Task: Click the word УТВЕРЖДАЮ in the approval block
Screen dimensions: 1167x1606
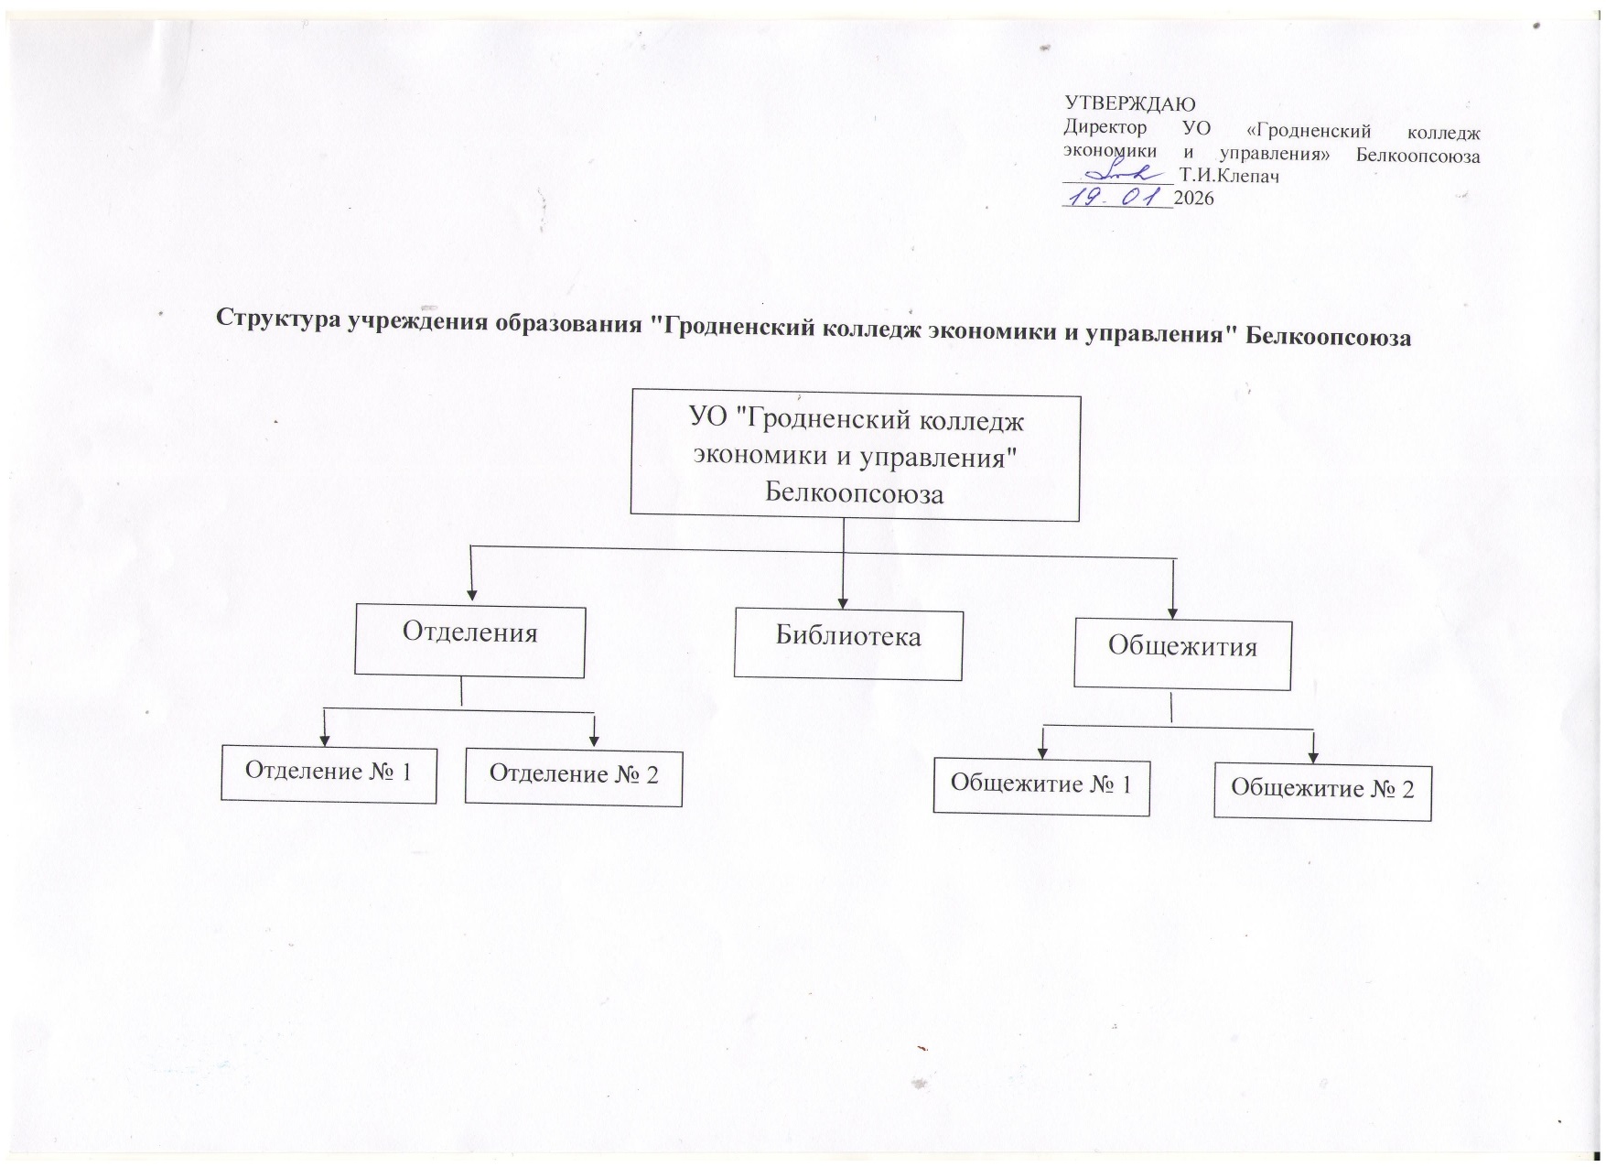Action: pos(1130,103)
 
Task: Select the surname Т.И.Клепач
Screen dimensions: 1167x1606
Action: pos(1230,176)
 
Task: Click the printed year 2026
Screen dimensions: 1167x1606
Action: pos(1193,198)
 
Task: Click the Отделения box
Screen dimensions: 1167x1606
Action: pos(469,641)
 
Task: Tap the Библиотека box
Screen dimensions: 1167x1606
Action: pos(847,644)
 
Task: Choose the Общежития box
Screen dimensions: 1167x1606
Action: pos(1182,654)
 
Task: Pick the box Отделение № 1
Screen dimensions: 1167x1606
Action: pos(329,774)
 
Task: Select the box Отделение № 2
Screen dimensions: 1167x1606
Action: pos(574,777)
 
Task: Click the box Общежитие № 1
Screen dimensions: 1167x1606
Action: pos(1041,785)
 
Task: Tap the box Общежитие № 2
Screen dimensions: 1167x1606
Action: pos(1322,791)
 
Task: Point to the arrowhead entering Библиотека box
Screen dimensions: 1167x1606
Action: pos(843,603)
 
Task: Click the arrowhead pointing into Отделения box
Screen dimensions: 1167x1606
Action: pos(470,595)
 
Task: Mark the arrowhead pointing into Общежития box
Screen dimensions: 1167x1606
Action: pos(1173,612)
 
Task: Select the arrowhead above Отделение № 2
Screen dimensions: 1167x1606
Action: pos(594,740)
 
